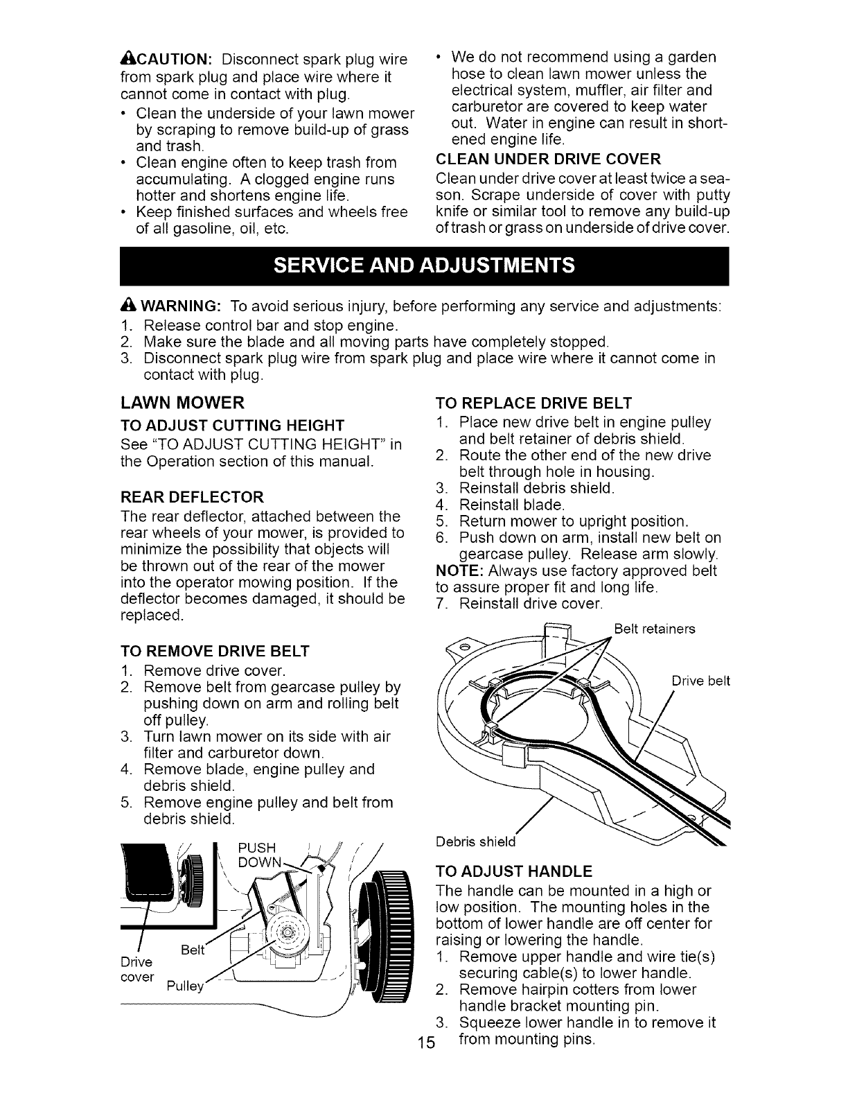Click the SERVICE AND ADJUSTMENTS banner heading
pyautogui.click(x=424, y=265)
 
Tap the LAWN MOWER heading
pyautogui.click(x=182, y=403)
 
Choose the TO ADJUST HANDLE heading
pyautogui.click(x=513, y=871)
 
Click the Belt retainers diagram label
pyautogui.click(x=655, y=629)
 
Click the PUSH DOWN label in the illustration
pyautogui.click(x=257, y=855)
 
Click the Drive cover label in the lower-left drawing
pyautogui.click(x=137, y=969)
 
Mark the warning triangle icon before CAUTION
pyautogui.click(x=126, y=57)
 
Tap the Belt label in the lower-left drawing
pyautogui.click(x=191, y=951)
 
